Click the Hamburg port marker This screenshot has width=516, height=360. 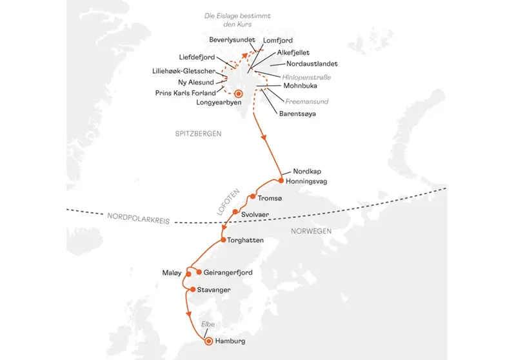click(x=208, y=341)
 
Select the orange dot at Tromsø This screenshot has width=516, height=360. click(x=253, y=197)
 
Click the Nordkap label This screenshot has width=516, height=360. click(x=306, y=172)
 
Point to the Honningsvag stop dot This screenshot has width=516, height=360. click(x=280, y=181)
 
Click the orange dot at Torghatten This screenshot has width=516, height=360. click(x=223, y=241)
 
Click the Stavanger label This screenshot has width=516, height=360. click(x=213, y=290)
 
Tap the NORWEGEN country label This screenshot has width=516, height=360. click(x=310, y=231)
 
